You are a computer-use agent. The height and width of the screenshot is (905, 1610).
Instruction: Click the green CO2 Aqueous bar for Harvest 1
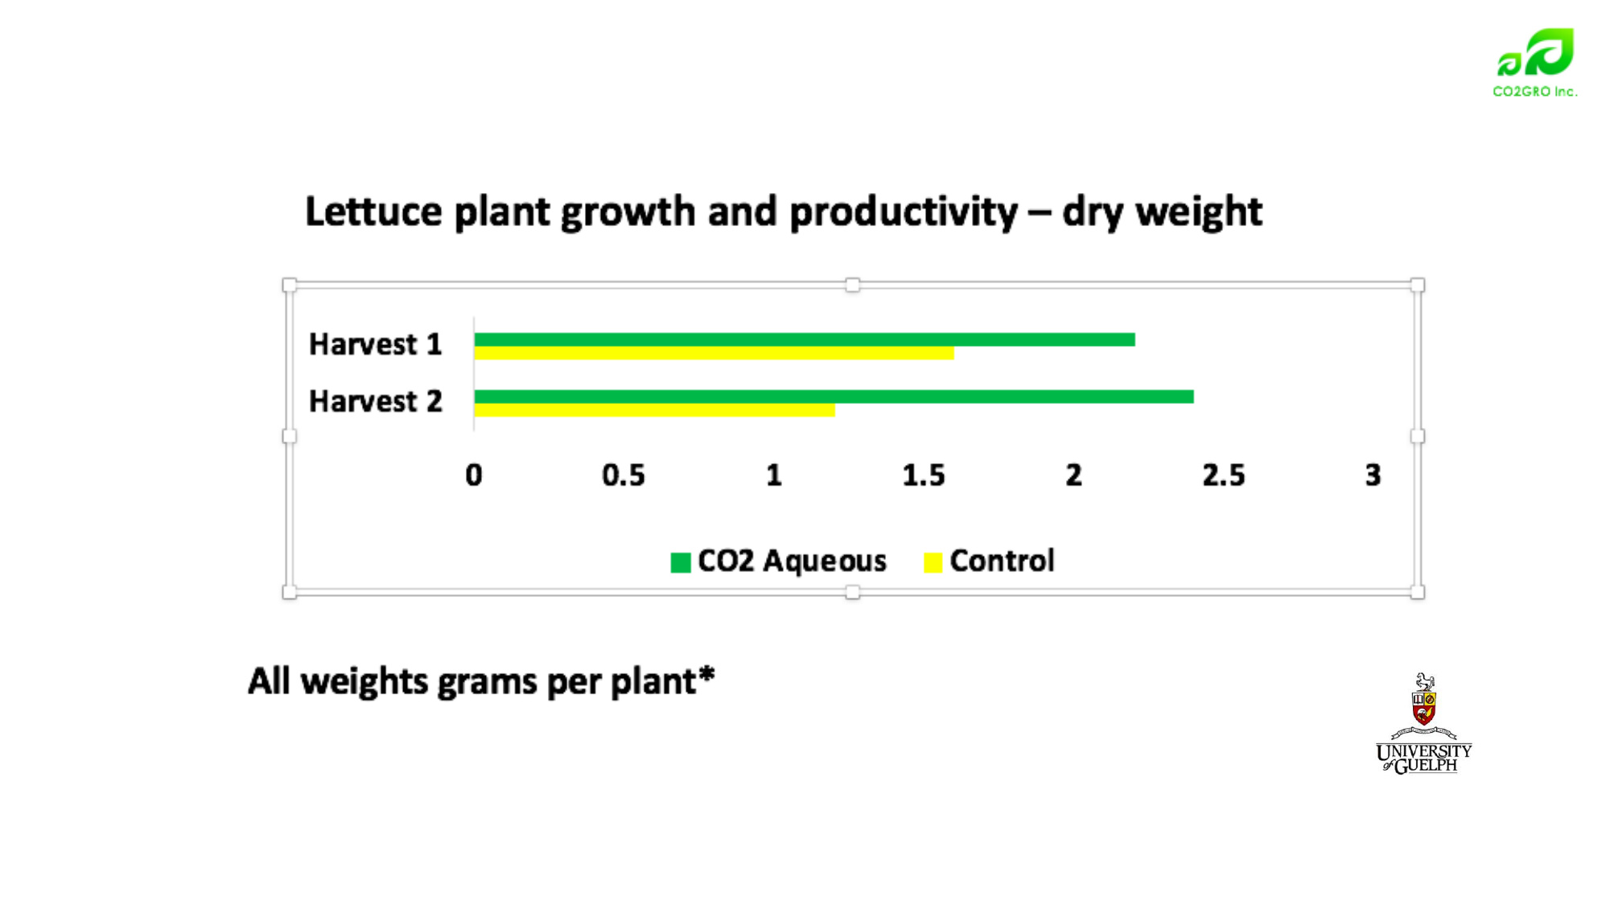805,339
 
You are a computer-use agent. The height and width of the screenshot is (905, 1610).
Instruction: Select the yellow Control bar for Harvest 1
714,353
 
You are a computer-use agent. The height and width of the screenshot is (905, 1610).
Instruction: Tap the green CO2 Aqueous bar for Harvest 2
834,397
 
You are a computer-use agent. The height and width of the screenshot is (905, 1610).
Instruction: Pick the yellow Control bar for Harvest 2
654,410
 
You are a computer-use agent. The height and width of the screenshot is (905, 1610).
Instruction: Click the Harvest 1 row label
376,344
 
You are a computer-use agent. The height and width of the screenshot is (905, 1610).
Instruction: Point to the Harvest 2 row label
376,401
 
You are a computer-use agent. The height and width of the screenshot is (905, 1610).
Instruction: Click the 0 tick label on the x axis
474,475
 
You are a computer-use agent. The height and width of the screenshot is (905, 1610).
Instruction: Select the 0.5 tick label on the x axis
624,475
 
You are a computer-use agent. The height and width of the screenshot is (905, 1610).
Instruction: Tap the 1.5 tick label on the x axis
924,475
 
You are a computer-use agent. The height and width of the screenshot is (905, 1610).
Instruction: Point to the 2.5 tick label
1224,475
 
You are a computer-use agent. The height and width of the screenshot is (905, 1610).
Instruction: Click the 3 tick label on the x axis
1373,475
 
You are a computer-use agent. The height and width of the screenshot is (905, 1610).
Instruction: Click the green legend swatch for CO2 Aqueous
681,562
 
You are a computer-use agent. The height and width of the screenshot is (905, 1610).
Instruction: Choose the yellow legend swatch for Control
933,562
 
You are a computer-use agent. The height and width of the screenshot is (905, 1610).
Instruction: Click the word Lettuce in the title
374,212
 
